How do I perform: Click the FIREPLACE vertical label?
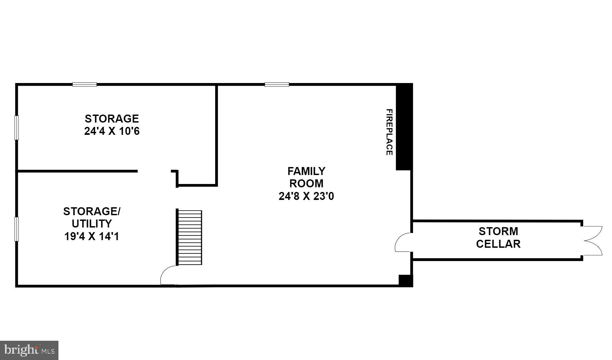pos(389,132)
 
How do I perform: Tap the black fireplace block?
pos(404,128)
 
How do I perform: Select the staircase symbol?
pos(189,237)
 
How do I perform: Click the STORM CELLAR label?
pos(498,237)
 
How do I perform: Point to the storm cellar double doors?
pos(592,241)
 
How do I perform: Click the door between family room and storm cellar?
pos(403,242)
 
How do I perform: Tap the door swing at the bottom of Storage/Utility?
pos(168,276)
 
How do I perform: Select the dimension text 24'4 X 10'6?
pos(112,131)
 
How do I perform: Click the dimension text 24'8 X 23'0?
pos(306,196)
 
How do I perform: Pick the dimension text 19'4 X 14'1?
pos(92,236)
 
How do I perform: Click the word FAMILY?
pos(306,171)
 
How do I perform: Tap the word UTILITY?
pos(92,224)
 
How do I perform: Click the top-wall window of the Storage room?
pos(85,84)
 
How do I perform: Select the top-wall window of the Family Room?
pos(277,84)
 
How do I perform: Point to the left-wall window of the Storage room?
pos(17,128)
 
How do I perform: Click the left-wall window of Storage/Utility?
pos(17,229)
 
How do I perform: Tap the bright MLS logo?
pos(29,350)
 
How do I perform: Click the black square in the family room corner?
pos(405,281)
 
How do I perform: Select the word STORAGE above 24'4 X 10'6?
pos(112,119)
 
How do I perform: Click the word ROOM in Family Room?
pos(306,184)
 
